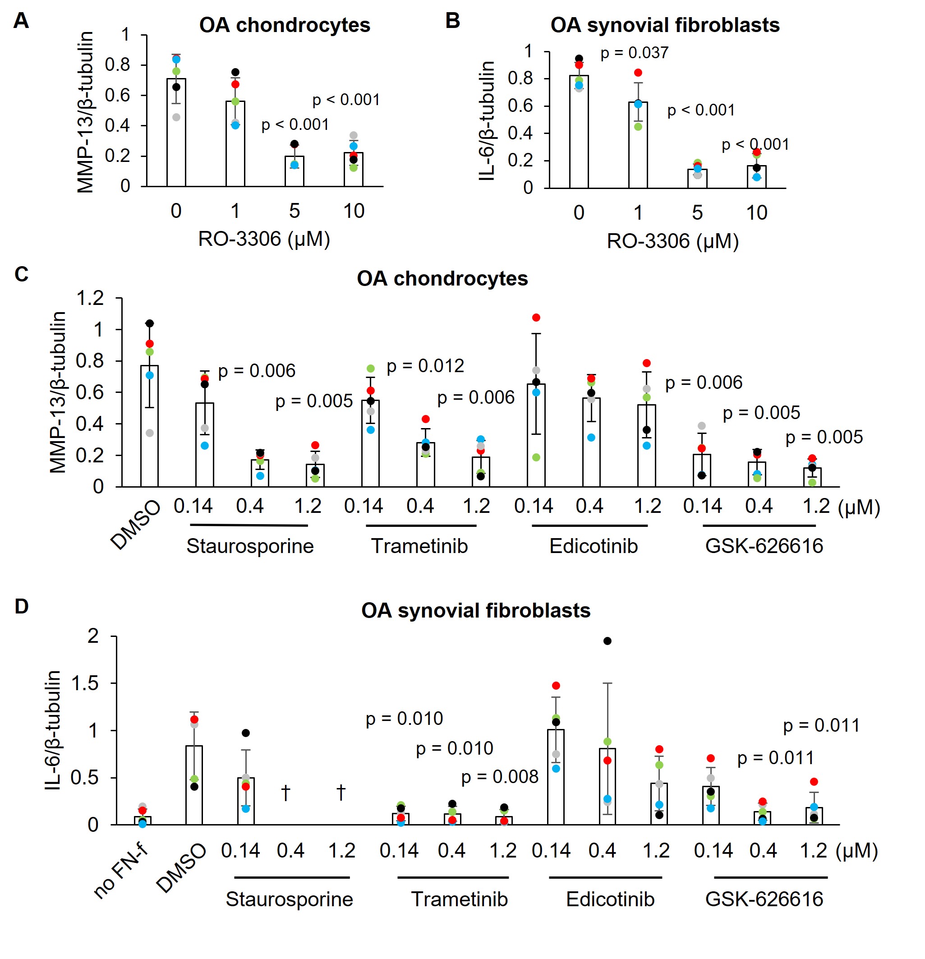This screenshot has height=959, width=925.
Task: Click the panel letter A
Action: pos(21,21)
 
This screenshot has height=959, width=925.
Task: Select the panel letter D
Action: pos(22,606)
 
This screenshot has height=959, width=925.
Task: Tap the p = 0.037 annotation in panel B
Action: pos(634,53)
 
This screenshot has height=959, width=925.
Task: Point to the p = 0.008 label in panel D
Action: pos(499,777)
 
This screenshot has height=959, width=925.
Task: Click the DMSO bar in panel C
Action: pos(149,426)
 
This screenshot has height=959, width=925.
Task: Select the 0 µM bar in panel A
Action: pos(176,132)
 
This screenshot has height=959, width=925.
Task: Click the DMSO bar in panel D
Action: pos(194,785)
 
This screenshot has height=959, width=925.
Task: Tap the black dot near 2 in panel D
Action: pos(607,641)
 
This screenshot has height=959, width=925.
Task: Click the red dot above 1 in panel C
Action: pos(536,318)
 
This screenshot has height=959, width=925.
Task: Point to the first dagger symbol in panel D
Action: pos(285,792)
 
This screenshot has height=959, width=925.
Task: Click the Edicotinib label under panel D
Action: pos(610,899)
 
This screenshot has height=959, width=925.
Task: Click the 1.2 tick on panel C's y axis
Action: pos(91,298)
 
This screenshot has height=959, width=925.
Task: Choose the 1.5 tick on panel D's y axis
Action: pos(85,683)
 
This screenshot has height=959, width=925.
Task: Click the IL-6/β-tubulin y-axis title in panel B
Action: pos(487,121)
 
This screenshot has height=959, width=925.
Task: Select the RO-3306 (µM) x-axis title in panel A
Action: pos(264,239)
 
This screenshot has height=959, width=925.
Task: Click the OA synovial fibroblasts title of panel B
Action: pos(665,25)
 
